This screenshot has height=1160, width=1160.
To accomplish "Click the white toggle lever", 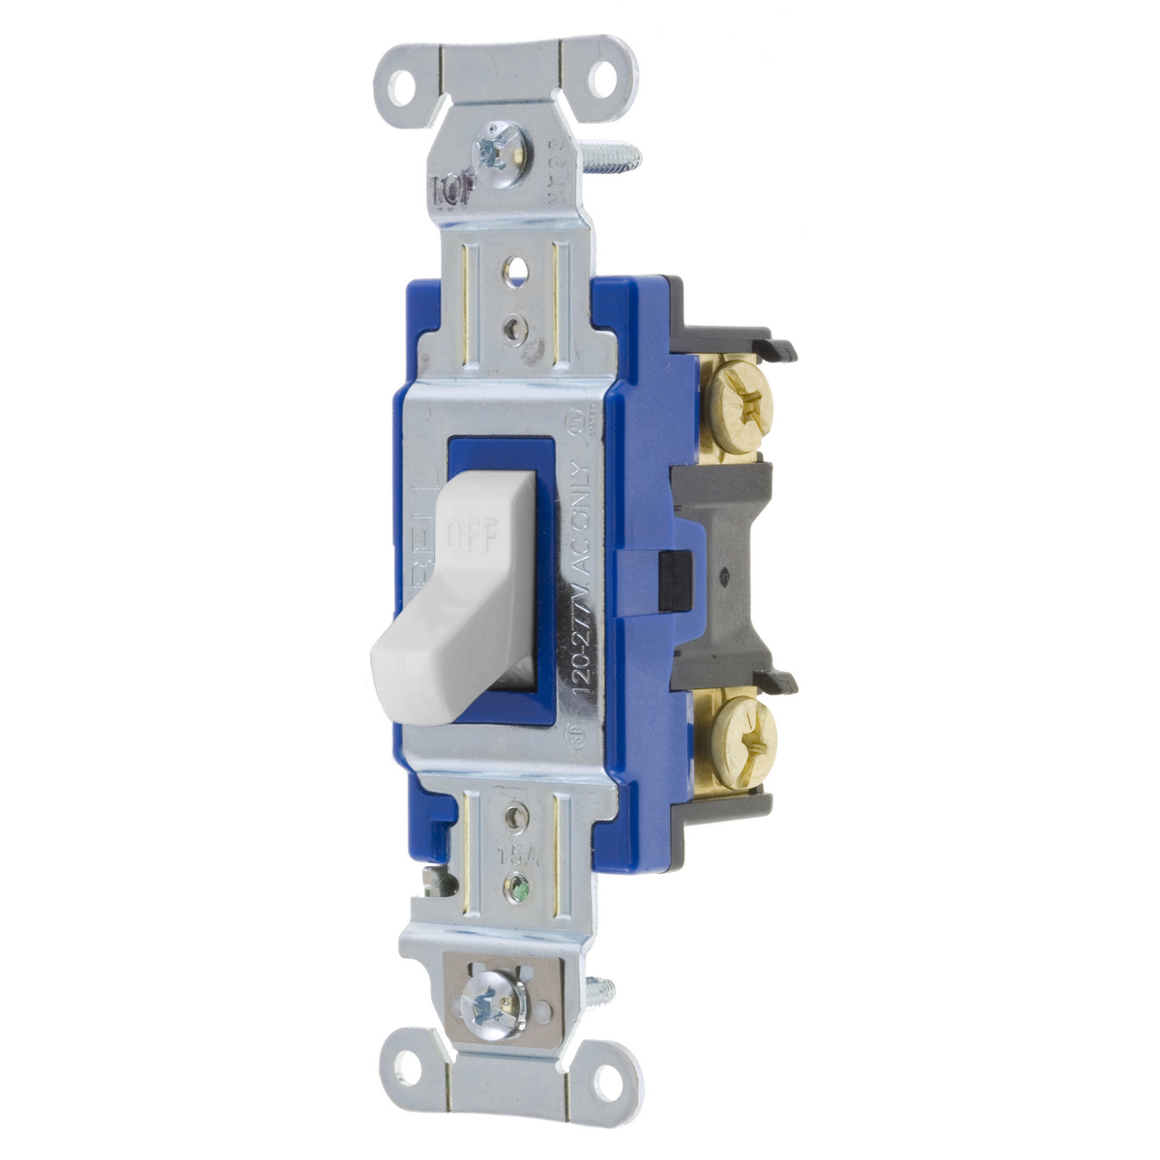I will pyautogui.click(x=454, y=619).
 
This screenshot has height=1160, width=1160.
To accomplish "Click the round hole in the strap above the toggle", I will pyautogui.click(x=512, y=261).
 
